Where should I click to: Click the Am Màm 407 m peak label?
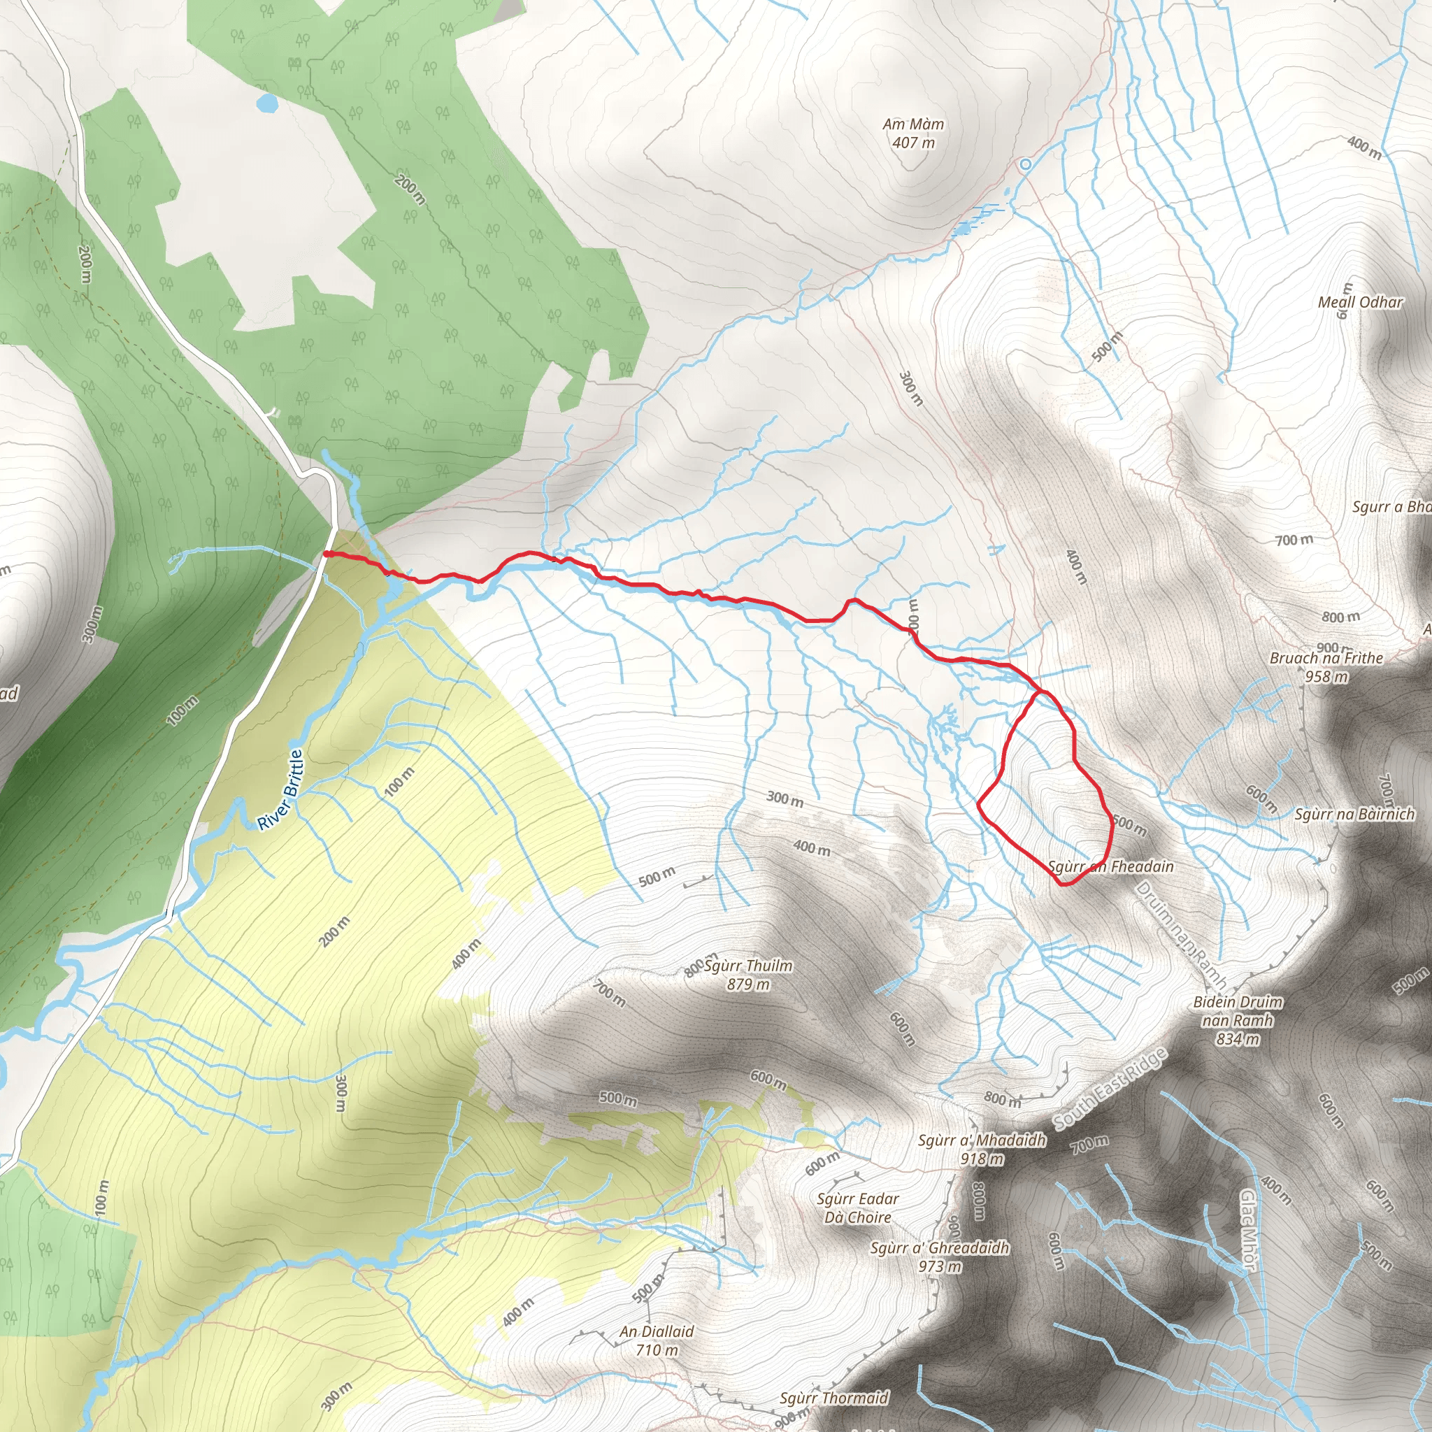tap(913, 134)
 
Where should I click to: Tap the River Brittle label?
tap(281, 789)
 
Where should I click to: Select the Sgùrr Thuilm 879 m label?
tap(748, 975)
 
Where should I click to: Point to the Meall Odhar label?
tap(1360, 302)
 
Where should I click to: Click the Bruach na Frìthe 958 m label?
tap(1326, 667)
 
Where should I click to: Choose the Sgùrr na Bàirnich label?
tap(1355, 815)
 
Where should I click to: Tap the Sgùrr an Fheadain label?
tap(1111, 866)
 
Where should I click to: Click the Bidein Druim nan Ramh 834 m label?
tap(1238, 1020)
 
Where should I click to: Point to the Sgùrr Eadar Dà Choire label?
tap(857, 1208)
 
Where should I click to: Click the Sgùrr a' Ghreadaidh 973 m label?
tap(940, 1257)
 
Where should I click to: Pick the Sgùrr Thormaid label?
tap(834, 1398)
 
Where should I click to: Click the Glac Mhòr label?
tap(1248, 1231)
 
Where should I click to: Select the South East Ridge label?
tap(1110, 1088)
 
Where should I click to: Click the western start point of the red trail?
tap(326, 553)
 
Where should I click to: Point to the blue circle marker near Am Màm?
tap(1025, 164)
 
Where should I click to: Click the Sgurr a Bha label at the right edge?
tap(1391, 507)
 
